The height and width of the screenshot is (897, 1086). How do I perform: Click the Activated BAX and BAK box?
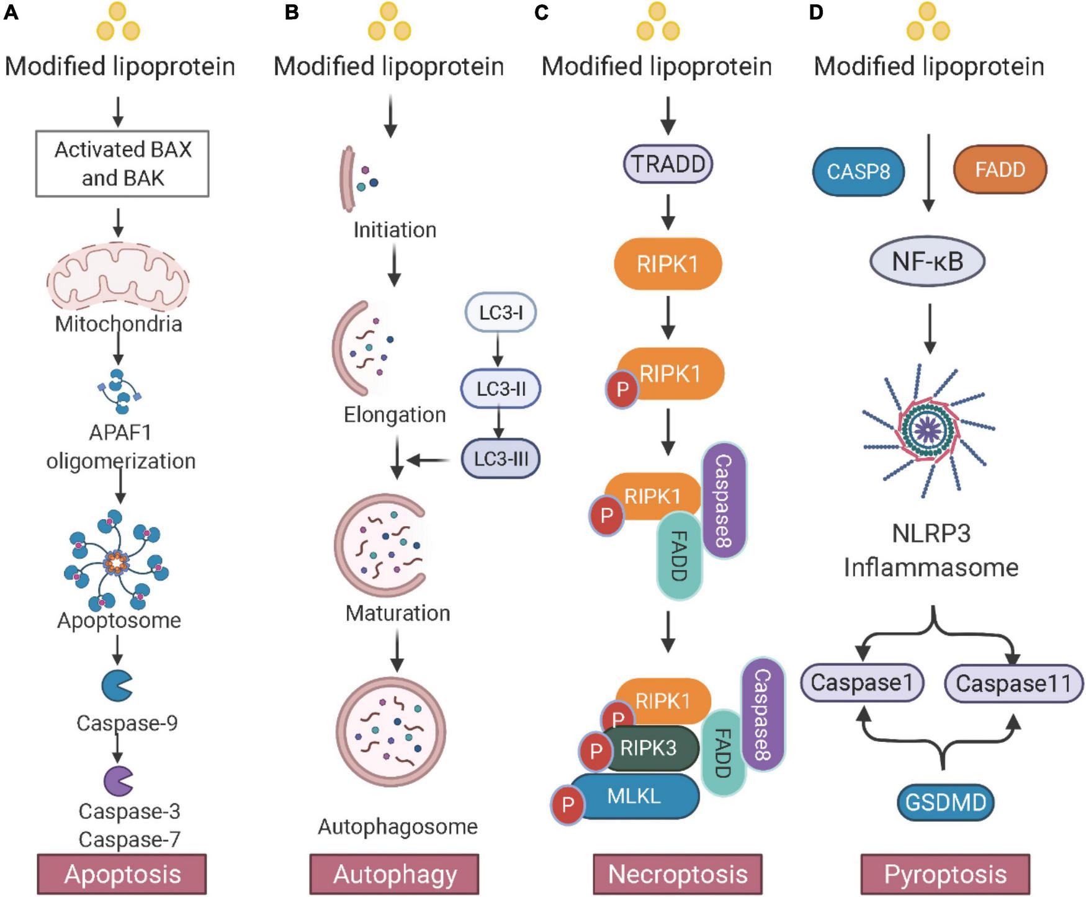[122, 164]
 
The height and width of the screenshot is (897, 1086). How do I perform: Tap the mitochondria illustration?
[118, 279]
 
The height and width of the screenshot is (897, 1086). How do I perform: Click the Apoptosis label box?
[122, 874]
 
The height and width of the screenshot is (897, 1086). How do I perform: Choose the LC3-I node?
[500, 312]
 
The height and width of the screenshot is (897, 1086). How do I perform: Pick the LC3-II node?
[501, 389]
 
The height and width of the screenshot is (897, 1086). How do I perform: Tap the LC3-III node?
[501, 459]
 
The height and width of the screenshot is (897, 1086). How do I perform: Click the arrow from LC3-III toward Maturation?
[428, 460]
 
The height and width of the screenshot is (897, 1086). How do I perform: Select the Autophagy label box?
[395, 874]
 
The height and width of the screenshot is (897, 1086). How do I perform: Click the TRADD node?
[668, 164]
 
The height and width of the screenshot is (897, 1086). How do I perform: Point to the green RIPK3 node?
[649, 748]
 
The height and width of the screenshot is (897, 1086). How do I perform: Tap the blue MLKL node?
[634, 797]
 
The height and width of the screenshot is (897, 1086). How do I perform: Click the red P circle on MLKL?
[567, 805]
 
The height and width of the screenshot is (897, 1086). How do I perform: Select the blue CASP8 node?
[858, 171]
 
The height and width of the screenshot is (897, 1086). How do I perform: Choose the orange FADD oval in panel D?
[1000, 169]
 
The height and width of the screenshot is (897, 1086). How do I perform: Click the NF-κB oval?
[928, 262]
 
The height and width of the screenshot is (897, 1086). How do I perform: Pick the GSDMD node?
[946, 803]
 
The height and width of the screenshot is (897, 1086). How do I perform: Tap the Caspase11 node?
[1013, 684]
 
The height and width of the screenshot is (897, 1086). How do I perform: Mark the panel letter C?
[541, 12]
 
